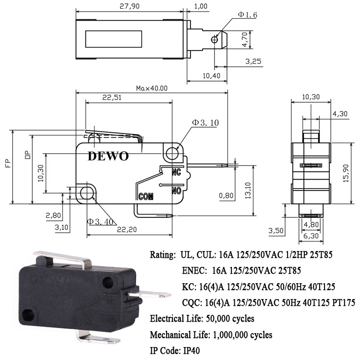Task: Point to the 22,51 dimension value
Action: point(112,97)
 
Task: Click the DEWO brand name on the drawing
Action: point(108,156)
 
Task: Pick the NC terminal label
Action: point(176,172)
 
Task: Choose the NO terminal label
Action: point(176,191)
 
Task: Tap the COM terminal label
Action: point(145,196)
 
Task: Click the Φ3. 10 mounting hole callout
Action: point(205,123)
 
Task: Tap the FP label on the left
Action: point(8,164)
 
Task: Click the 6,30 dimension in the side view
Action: point(312,236)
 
